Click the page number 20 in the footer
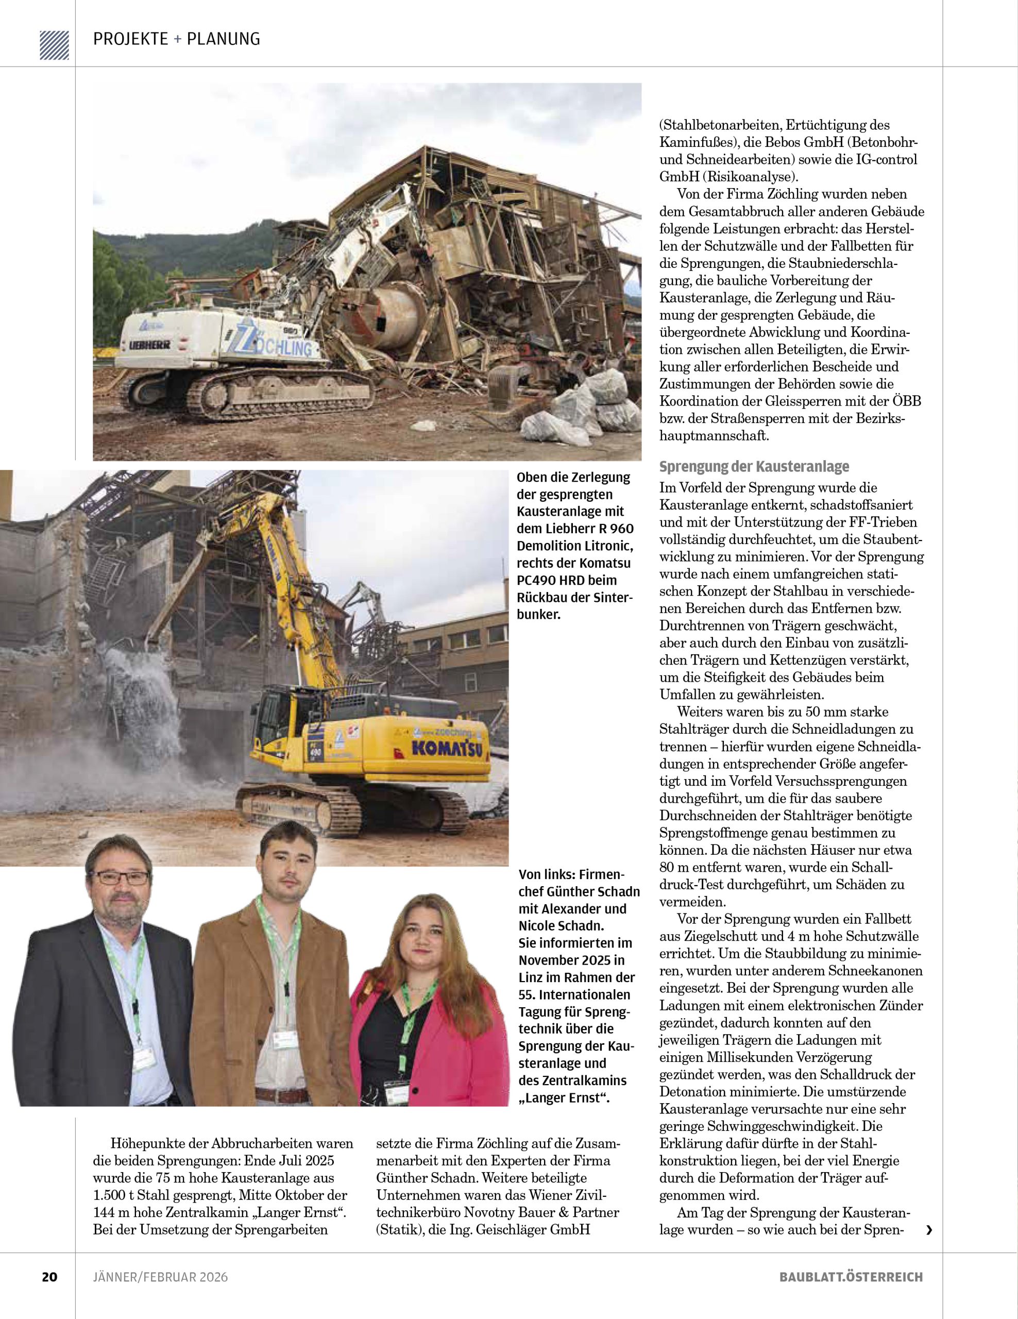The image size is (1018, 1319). (x=49, y=1277)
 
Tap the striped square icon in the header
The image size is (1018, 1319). (x=54, y=45)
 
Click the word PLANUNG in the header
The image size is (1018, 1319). (x=224, y=39)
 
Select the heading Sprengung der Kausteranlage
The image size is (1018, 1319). (x=754, y=466)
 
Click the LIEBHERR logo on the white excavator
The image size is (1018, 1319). (x=150, y=345)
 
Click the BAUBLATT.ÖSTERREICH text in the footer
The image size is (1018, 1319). (x=851, y=1277)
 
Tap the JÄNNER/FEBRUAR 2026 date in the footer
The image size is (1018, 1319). (x=160, y=1277)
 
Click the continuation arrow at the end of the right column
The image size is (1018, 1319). (x=929, y=1230)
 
